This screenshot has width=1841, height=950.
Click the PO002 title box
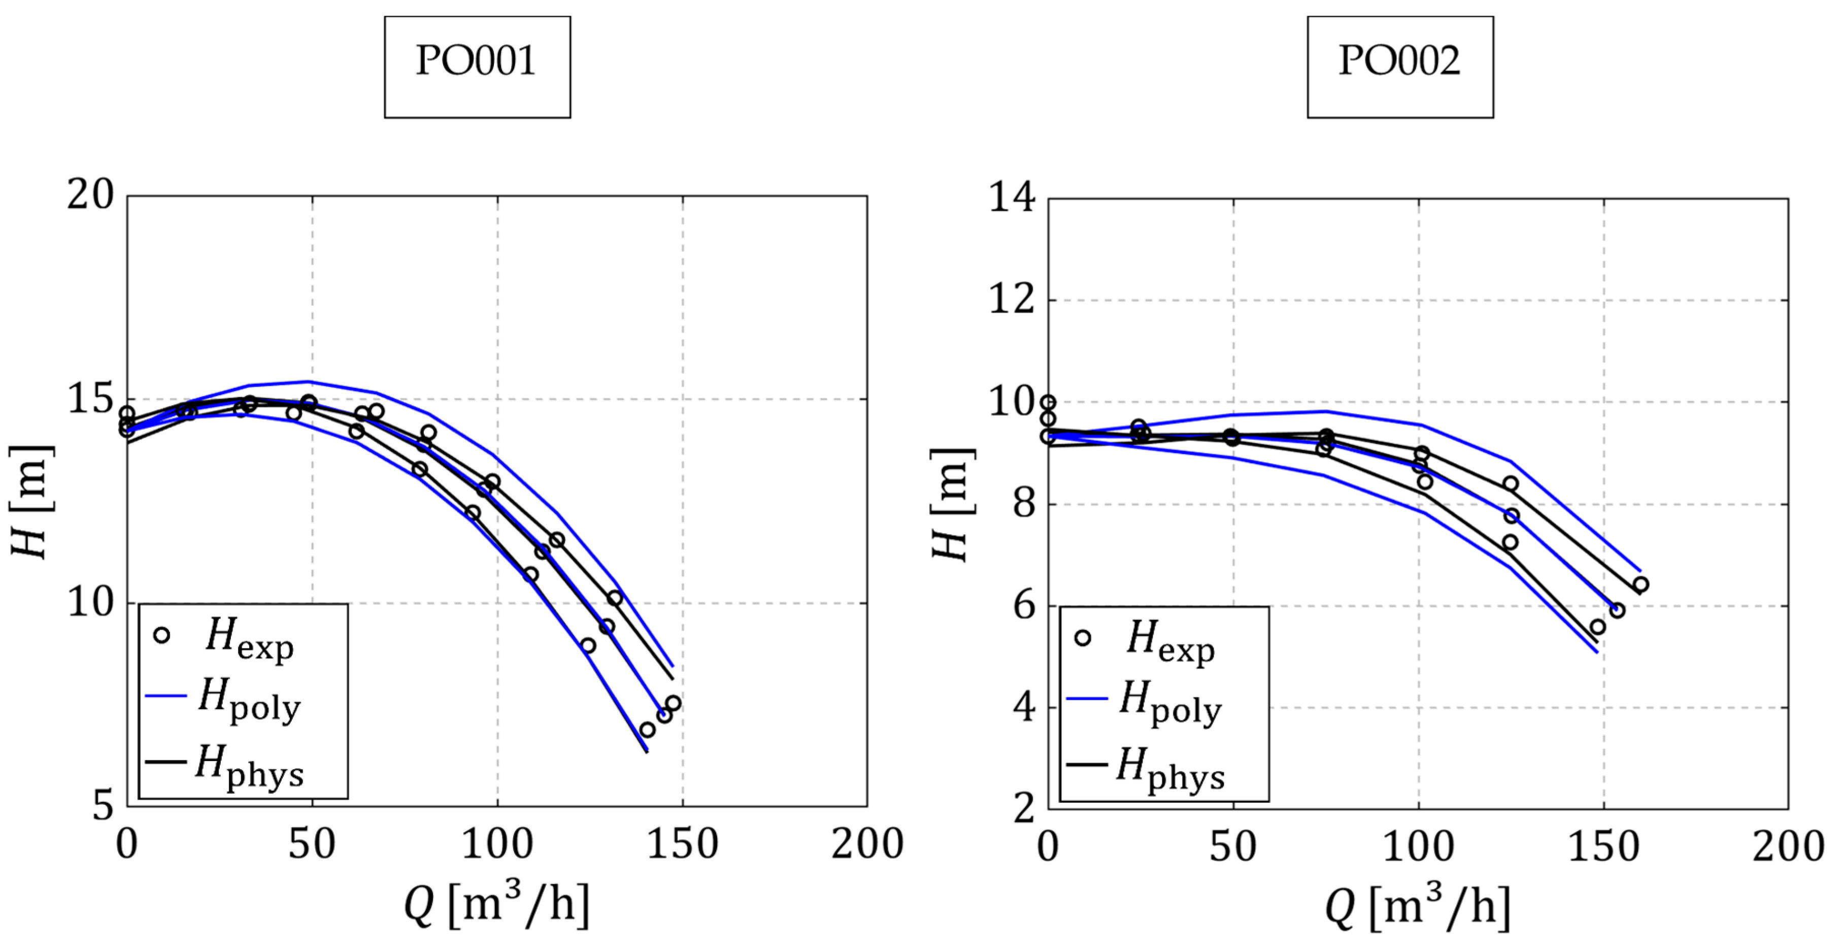click(x=1399, y=67)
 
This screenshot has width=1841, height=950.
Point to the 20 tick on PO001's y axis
click(x=91, y=194)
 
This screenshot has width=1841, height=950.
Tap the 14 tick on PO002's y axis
click(x=1012, y=198)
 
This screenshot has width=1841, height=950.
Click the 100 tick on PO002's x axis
click(x=1419, y=847)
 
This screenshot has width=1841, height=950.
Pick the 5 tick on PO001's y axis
click(x=104, y=806)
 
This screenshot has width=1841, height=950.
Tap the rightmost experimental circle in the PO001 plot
click(x=673, y=703)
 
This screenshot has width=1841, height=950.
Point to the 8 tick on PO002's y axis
click(x=1024, y=504)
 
